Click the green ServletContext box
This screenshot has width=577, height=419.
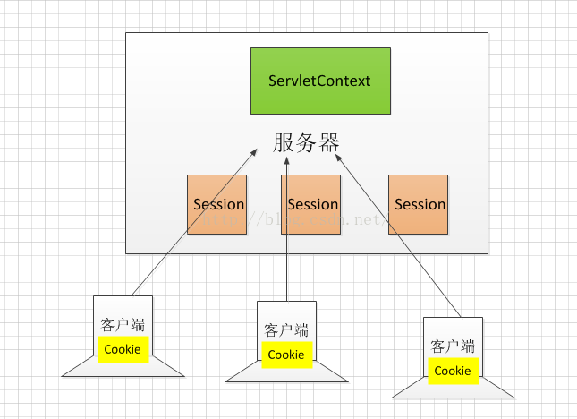(320, 81)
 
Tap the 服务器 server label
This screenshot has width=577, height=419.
(306, 142)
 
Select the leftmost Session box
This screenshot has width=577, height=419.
(216, 204)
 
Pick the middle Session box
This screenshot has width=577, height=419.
(311, 204)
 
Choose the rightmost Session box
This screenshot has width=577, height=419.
(419, 204)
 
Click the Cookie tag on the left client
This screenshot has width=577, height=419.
(123, 349)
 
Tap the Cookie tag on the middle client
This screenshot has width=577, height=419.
(287, 355)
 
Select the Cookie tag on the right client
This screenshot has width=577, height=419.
(454, 371)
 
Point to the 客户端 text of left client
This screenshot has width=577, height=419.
(123, 325)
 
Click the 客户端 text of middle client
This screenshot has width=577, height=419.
(286, 330)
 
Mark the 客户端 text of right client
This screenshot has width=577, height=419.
(453, 346)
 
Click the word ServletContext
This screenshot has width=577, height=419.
(319, 81)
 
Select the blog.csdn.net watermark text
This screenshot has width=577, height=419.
(295, 220)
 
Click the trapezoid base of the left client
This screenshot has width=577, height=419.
(123, 366)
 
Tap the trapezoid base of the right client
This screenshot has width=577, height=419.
(453, 388)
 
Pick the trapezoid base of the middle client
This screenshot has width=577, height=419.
(286, 372)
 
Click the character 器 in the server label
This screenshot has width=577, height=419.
(329, 142)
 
